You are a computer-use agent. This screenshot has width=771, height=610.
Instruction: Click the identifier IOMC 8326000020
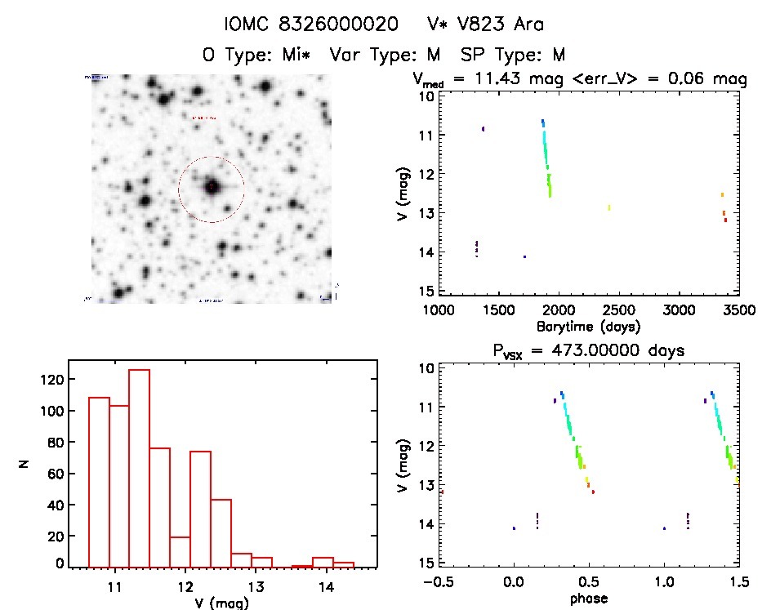click(312, 24)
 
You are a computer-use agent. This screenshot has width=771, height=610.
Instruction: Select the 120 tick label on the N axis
click(51, 380)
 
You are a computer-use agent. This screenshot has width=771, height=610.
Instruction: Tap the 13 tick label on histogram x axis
click(256, 586)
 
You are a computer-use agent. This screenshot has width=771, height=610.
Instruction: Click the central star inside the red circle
click(212, 187)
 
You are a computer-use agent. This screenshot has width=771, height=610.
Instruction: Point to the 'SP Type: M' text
click(513, 56)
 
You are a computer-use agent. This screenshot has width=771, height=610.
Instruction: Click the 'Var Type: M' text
click(385, 56)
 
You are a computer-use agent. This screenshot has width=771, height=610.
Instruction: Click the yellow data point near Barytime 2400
click(609, 207)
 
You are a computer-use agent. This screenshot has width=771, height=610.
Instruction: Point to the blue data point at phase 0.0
click(514, 528)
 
